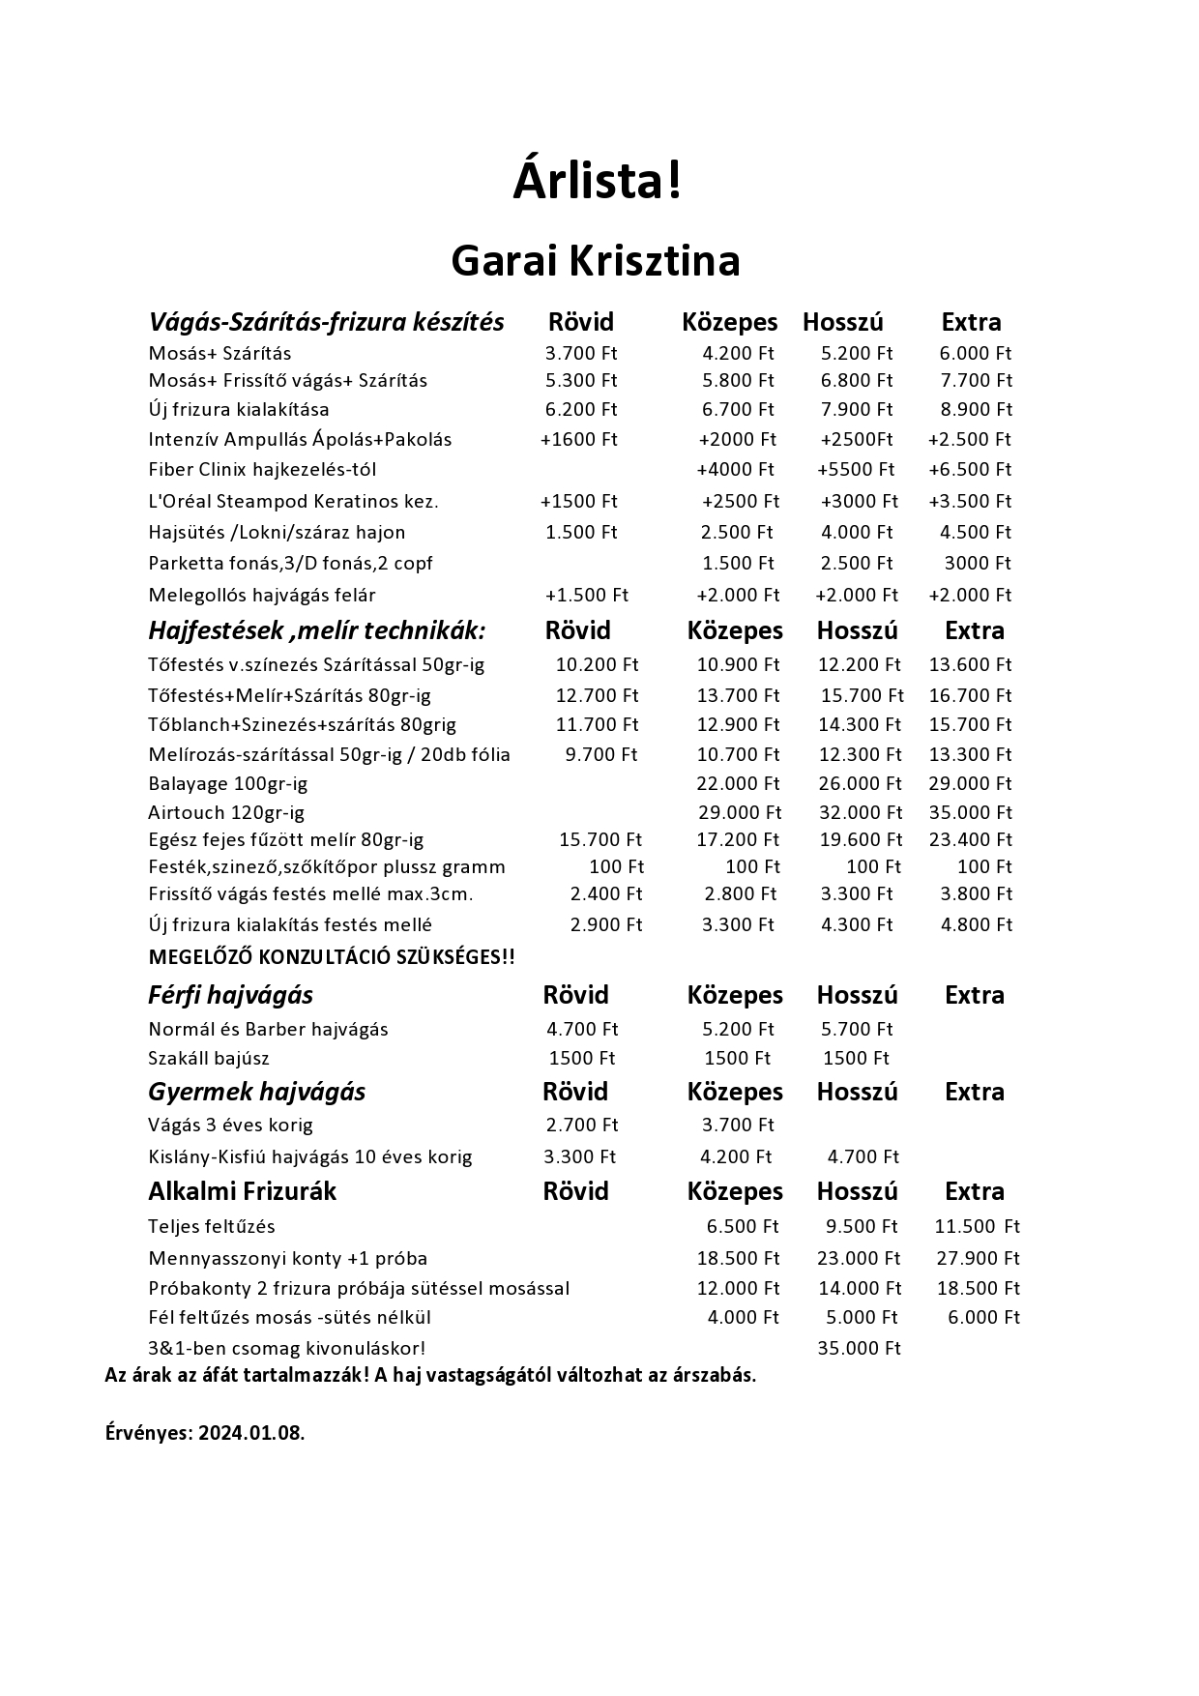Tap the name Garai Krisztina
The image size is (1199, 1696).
click(x=596, y=261)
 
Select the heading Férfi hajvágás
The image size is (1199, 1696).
click(x=230, y=995)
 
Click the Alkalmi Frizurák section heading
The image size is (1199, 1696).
click(x=242, y=1191)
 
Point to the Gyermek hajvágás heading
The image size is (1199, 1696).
click(x=256, y=1092)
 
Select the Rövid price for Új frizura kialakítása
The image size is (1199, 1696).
click(x=580, y=409)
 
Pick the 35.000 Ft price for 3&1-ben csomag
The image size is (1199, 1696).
click(x=859, y=1348)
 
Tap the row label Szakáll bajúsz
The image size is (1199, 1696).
click(x=209, y=1058)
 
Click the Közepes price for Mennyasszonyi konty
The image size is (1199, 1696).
click(x=738, y=1258)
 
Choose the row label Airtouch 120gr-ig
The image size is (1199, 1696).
click(x=226, y=812)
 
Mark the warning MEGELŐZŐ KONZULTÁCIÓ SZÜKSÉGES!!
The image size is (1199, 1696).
click(x=332, y=957)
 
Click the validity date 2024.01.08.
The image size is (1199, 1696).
click(x=251, y=1433)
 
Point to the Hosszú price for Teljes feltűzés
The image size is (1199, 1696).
click(x=862, y=1226)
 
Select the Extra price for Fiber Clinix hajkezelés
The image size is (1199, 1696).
click(x=970, y=469)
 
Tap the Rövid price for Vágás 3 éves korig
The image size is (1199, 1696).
click(x=581, y=1125)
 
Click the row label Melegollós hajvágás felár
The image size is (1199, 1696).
click(x=262, y=595)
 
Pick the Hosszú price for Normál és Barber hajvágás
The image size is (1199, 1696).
click(x=857, y=1029)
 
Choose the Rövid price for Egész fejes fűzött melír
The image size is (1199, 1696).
click(x=599, y=839)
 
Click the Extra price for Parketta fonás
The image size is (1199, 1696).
click(x=977, y=563)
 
